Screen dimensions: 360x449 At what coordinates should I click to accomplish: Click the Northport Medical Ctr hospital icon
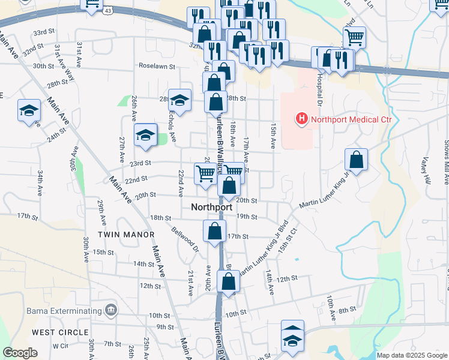(301, 119)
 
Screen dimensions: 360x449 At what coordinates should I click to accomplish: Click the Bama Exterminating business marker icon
(111, 310)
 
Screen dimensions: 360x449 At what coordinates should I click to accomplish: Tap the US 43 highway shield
(108, 11)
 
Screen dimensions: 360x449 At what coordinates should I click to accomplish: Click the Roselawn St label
(156, 66)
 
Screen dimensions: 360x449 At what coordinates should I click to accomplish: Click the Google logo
(20, 353)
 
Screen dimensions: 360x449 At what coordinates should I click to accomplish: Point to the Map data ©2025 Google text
(412, 355)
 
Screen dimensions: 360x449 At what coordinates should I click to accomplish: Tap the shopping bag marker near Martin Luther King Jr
(357, 160)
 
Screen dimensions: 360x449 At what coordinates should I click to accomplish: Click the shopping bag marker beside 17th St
(215, 232)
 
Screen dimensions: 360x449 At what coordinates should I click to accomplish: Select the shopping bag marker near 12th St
(228, 281)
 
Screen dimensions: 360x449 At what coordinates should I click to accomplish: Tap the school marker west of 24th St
(29, 110)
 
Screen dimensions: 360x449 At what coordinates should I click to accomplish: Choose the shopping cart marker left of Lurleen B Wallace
(205, 173)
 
